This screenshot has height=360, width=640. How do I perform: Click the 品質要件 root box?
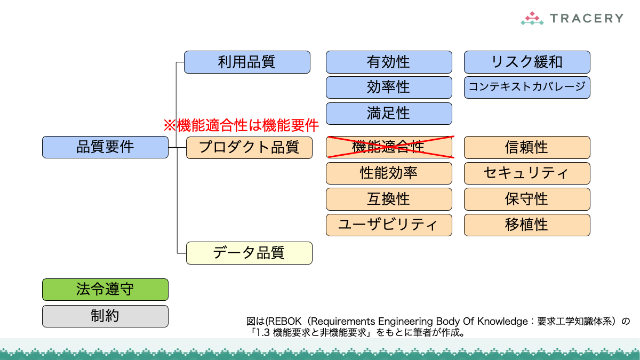click(x=105, y=147)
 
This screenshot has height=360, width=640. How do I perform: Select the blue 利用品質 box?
click(x=247, y=62)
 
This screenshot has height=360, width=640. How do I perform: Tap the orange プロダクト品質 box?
click(x=249, y=147)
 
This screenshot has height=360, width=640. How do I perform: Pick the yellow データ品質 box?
click(x=249, y=253)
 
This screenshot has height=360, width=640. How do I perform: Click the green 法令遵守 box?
click(x=105, y=290)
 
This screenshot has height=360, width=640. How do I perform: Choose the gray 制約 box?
click(x=105, y=316)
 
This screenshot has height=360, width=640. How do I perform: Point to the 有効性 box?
click(x=389, y=62)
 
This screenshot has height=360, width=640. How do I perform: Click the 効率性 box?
click(x=389, y=87)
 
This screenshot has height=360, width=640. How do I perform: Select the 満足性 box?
click(x=389, y=114)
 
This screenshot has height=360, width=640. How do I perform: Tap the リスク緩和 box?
click(x=527, y=62)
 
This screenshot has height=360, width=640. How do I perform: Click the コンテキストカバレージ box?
click(x=527, y=87)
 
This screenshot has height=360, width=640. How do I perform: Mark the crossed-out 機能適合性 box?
click(x=389, y=147)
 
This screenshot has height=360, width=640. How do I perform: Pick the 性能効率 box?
click(x=389, y=173)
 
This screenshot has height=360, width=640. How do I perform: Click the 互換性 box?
click(x=389, y=199)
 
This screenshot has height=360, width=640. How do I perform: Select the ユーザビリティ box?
click(x=389, y=225)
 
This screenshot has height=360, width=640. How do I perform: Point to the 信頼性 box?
click(x=527, y=147)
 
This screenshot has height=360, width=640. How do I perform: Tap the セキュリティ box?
click(x=527, y=173)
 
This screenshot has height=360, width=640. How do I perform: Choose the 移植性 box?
click(x=527, y=225)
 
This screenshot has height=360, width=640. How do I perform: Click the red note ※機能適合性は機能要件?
click(x=241, y=126)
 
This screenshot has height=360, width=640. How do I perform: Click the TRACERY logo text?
click(x=586, y=19)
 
